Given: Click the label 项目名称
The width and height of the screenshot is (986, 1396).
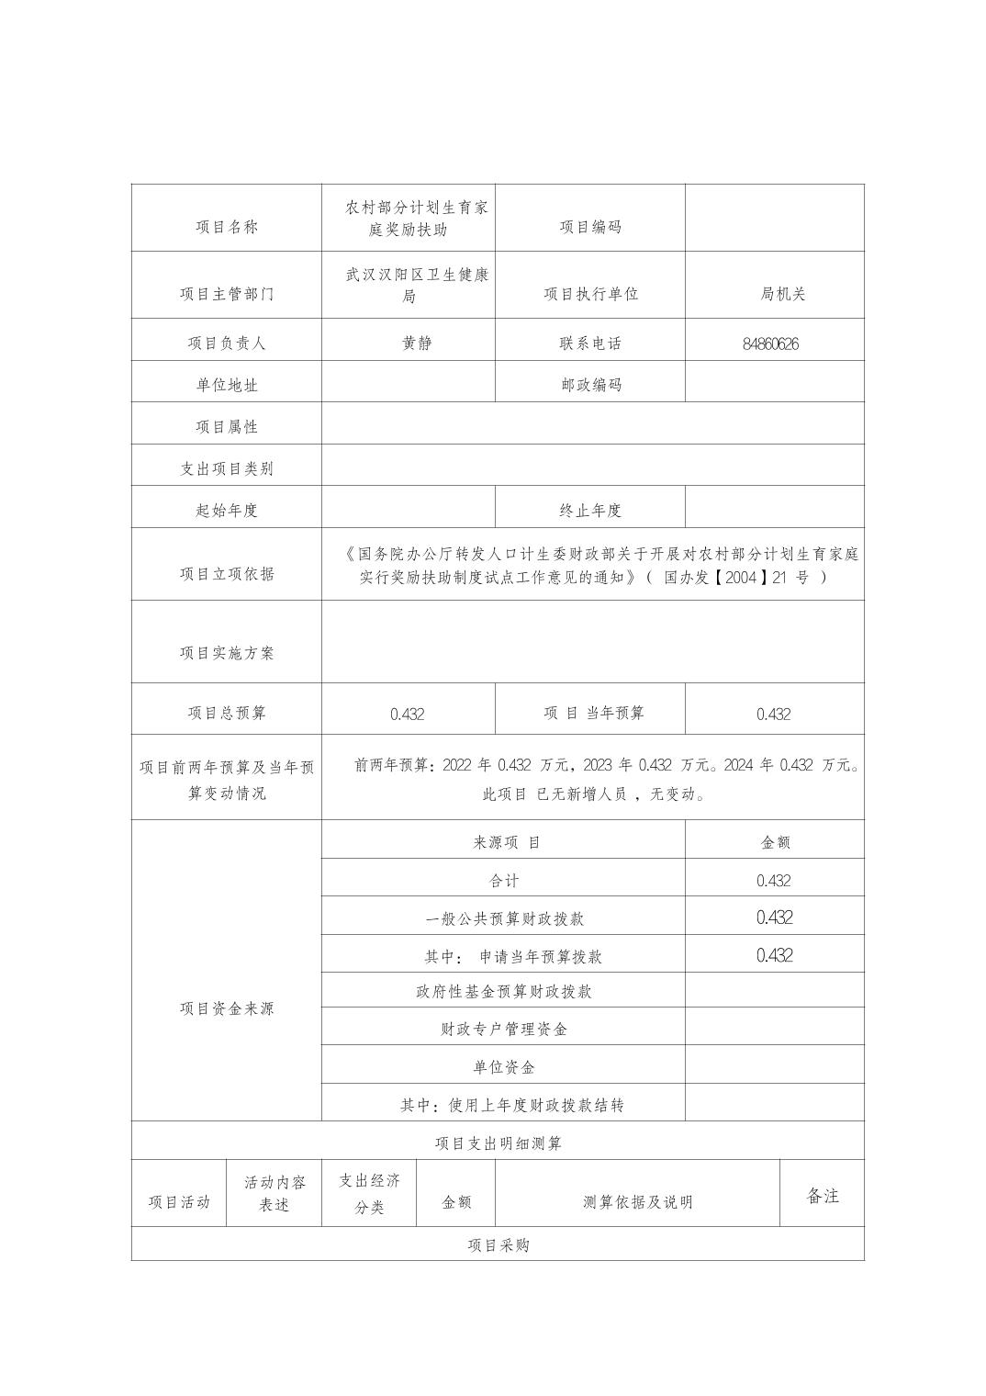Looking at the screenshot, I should [226, 228].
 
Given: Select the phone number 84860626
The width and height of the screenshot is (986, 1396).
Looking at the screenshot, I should [770, 344].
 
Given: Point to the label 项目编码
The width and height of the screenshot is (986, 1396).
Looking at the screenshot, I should [590, 228].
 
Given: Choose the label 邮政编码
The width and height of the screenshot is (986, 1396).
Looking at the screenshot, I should [590, 385].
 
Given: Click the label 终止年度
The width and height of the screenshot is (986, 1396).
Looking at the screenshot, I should [590, 511].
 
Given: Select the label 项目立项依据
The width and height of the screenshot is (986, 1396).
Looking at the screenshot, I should [226, 574].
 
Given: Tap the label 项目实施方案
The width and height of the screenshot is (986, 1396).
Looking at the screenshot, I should [226, 653].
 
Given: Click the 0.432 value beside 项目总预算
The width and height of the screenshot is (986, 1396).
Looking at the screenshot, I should [407, 715].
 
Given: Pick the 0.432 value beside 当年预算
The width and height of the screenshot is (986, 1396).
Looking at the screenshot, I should [773, 715].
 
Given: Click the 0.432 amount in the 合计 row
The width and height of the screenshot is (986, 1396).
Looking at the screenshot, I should [773, 881].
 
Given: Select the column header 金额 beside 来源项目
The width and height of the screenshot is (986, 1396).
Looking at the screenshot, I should [775, 842].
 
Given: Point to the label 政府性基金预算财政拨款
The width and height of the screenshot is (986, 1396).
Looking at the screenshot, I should [503, 992].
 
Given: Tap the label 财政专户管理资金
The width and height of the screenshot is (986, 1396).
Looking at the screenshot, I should [503, 1030].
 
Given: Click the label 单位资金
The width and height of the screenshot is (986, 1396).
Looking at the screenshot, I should [503, 1067].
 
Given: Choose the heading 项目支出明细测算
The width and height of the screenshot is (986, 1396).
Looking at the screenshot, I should [498, 1143].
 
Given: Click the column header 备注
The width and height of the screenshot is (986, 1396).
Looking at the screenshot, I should [822, 1196].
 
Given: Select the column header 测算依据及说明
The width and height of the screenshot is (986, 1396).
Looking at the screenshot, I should [637, 1202].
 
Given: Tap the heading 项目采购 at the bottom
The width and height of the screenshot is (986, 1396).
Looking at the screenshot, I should [498, 1245].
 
